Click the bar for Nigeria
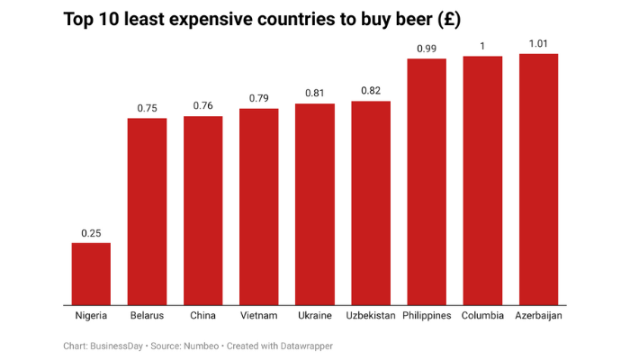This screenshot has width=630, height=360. point(91,274)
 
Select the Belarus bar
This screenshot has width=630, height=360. point(147,211)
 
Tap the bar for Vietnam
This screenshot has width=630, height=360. point(259,206)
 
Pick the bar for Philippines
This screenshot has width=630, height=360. point(427,181)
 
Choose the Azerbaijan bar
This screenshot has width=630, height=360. point(539,179)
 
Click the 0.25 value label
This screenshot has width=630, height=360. point(91,233)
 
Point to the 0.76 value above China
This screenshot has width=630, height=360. point(203,106)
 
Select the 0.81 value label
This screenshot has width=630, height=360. point(315,94)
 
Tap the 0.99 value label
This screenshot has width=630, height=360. point(427,48)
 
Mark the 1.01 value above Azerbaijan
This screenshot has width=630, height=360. point(539,43)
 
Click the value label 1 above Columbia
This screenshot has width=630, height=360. point(482,46)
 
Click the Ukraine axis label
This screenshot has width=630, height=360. point(315,316)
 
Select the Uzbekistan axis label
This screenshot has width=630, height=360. point(371,316)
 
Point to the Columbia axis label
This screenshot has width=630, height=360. point(482,316)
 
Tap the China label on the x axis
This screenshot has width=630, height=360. point(203,316)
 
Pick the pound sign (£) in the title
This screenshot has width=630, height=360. point(447,20)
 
